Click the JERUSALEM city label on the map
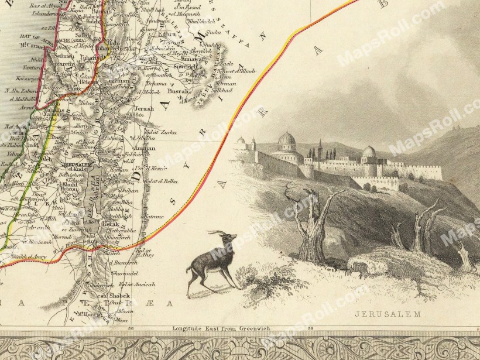pos(74,166)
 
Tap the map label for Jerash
pos(143,108)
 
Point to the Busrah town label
pos(179,91)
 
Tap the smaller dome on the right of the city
pos(369,151)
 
